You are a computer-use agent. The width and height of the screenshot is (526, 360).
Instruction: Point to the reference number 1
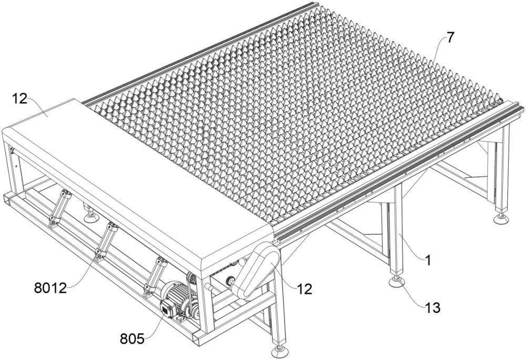428,261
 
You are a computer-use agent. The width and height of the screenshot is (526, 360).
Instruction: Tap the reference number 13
432,308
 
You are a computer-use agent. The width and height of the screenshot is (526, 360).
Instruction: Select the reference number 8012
50,288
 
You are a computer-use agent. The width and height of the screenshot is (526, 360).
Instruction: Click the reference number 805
132,339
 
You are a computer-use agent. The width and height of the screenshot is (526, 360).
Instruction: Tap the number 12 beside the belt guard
304,289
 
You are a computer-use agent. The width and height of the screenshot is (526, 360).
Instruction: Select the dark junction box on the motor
167,308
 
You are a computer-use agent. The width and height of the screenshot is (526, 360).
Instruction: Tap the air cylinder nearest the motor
155,277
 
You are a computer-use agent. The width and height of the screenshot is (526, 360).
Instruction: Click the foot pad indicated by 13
396,282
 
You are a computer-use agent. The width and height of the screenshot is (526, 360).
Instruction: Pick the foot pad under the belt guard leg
280,351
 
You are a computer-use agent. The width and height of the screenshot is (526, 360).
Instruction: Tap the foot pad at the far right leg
501,219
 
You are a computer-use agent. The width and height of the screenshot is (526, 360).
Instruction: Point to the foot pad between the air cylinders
91,217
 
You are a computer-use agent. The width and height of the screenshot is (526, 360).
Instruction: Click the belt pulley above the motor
191,279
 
